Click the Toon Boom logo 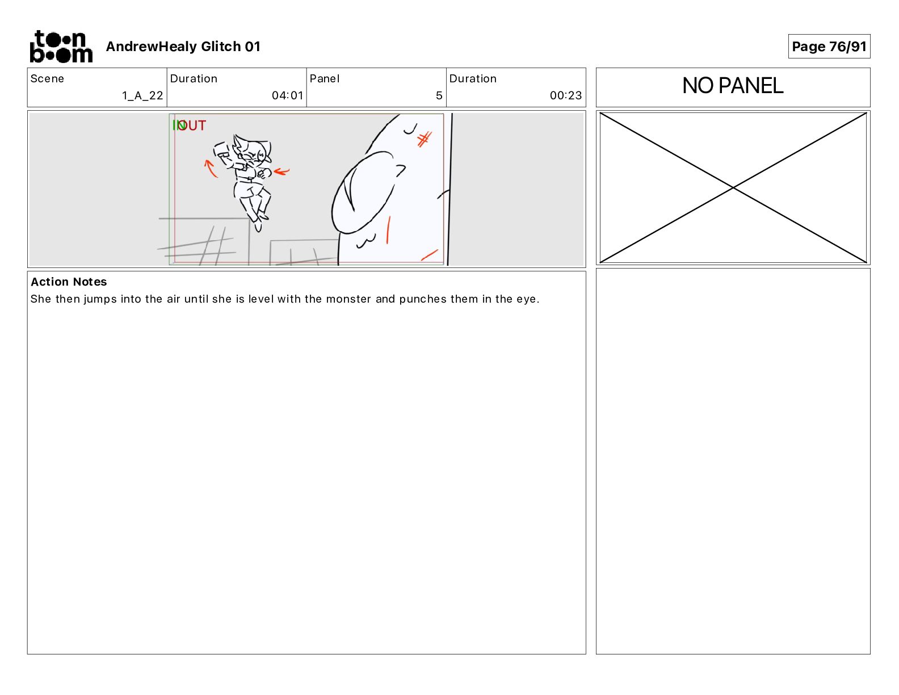tap(61, 47)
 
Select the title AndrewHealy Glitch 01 tap(183, 47)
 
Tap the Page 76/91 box tap(829, 47)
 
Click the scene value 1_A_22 tap(142, 95)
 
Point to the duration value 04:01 tap(288, 95)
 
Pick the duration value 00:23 tap(565, 95)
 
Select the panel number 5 tap(439, 95)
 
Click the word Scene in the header tap(47, 79)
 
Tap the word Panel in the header tap(324, 79)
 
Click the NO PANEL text tap(733, 86)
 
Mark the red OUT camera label tap(192, 125)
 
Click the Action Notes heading tap(69, 282)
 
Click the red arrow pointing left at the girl tap(282, 171)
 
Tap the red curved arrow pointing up tap(210, 168)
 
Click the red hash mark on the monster tap(424, 139)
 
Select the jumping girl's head tap(251, 151)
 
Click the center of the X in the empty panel tap(733, 188)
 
